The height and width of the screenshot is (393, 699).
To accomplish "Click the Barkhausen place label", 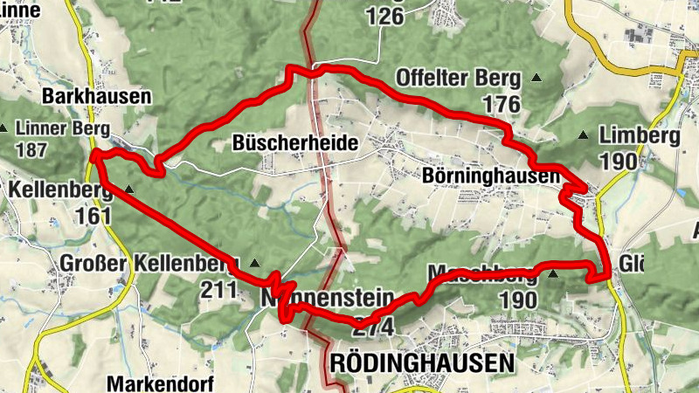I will click(97, 97).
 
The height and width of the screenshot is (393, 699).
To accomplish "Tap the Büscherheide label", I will click(296, 142).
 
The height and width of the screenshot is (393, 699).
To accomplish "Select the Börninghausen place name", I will click(490, 176).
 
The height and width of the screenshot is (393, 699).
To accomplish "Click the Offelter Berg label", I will click(459, 78).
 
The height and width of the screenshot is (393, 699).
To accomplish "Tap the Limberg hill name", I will click(640, 135).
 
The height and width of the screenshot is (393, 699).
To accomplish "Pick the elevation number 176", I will click(500, 105).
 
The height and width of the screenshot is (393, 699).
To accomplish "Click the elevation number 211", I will click(219, 289).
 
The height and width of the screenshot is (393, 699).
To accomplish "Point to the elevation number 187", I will click(31, 149).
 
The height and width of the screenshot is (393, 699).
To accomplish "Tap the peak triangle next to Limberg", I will click(585, 136).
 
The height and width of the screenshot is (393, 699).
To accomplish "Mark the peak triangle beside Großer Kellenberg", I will click(255, 263).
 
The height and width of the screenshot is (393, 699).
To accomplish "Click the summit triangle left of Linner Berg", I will click(4, 129).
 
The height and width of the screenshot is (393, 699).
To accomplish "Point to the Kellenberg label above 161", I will click(59, 189).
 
